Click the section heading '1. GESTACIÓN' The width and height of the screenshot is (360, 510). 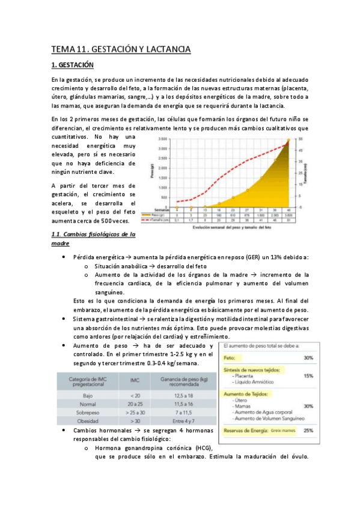[73, 64]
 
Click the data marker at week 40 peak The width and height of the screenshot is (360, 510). [287, 141]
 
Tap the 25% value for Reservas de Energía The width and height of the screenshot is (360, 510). [308, 431]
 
